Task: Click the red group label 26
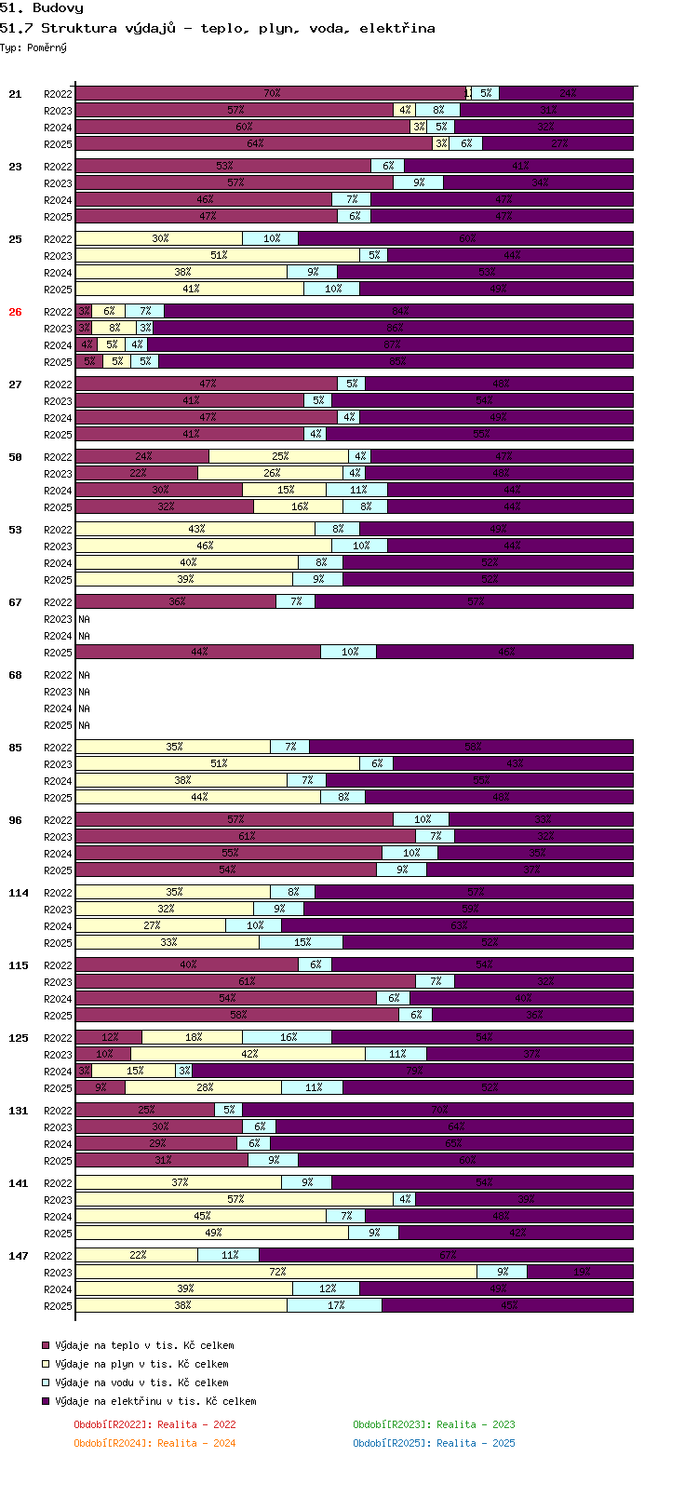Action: click(15, 312)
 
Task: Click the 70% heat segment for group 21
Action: click(271, 93)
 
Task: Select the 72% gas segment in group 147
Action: click(276, 1272)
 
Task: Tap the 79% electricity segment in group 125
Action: click(412, 1071)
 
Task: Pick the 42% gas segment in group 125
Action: click(248, 1054)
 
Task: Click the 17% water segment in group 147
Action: click(334, 1305)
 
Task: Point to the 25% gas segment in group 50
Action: click(279, 456)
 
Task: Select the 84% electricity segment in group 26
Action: click(399, 311)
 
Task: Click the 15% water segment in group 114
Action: click(302, 942)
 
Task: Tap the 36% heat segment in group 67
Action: click(176, 601)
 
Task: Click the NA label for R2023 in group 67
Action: click(84, 619)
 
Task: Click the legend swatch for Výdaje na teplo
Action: click(45, 1345)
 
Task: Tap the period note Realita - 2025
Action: click(475, 1443)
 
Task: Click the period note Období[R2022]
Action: click(113, 1424)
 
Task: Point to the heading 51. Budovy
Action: click(42, 8)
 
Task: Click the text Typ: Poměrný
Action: click(34, 47)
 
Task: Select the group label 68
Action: click(15, 675)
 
